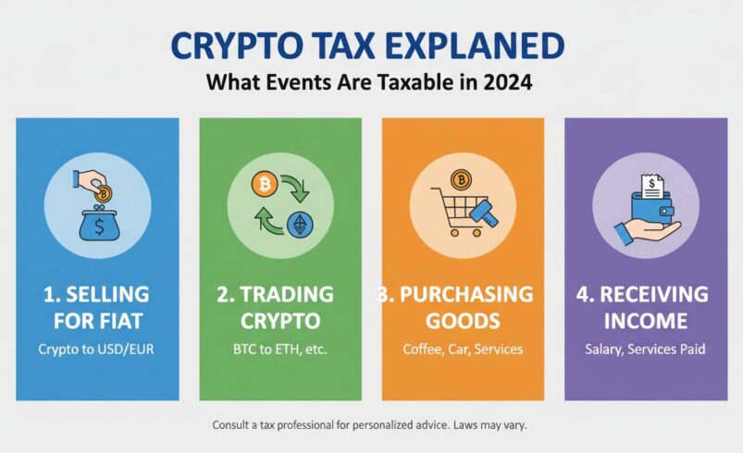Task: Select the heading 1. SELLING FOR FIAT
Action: point(97,308)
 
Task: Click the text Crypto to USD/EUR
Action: point(97,349)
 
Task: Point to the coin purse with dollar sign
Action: point(97,224)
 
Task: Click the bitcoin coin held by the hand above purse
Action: point(104,194)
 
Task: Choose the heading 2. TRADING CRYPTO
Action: point(280,308)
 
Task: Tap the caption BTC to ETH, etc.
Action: point(280,349)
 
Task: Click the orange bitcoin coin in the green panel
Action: point(264,185)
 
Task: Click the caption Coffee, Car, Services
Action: point(463,349)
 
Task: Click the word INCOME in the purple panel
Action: point(645,321)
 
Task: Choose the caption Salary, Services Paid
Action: point(645,349)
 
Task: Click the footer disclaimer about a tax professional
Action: point(370,425)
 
